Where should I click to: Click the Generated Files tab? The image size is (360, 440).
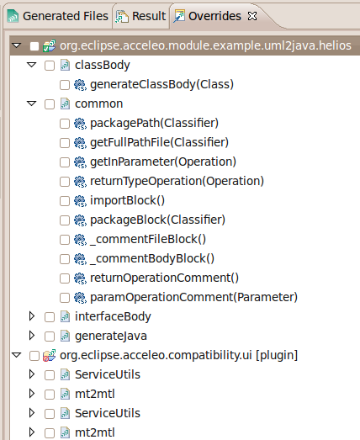pos(57,16)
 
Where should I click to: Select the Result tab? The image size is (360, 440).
pos(140,16)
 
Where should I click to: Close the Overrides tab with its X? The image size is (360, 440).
pos(252,16)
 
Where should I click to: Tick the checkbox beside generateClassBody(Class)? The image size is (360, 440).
pos(65,85)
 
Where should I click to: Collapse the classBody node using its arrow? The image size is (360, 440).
pos(32,65)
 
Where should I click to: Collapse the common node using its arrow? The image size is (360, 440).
pos(32,103)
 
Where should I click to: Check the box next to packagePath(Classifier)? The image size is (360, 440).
pos(65,124)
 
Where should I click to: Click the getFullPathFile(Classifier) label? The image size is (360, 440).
pos(159,142)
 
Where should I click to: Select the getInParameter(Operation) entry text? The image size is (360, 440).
pos(163,162)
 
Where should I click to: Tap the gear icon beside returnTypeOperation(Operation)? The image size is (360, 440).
pos(80,182)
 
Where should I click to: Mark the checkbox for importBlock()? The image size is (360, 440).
pos(65,201)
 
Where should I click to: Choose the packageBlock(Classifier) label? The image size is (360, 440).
pos(157,220)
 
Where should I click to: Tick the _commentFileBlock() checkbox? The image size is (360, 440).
pos(65,240)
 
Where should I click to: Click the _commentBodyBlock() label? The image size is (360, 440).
pos(152,259)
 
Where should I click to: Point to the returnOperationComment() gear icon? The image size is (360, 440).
pos(80,278)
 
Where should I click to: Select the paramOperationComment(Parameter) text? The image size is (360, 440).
pos(194,298)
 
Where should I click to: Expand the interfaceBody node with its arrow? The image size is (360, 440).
pos(32,316)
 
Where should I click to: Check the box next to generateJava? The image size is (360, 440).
pos(50,337)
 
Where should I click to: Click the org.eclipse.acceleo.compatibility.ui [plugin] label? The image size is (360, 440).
pos(178,356)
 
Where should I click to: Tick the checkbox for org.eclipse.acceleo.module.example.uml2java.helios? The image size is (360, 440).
pos(34,46)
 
